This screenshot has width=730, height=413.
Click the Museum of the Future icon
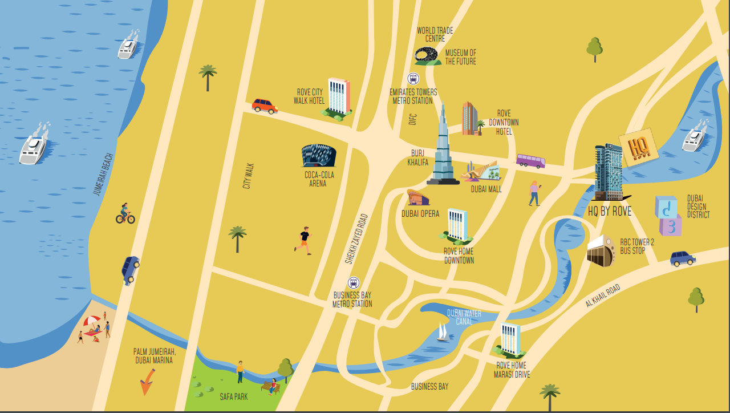427,56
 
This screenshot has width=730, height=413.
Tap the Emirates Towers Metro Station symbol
413,79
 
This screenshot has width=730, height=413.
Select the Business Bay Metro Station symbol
354,283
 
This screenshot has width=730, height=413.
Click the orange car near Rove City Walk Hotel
265,106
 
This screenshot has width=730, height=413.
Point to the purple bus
530,160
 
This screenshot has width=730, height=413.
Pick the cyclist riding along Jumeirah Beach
125,214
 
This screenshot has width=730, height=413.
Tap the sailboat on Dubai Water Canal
442,332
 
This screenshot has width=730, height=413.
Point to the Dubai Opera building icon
418,198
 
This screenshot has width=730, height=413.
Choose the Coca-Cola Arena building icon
319,156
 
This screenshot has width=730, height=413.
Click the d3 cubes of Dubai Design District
667,216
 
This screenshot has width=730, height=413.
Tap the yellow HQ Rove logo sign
638,148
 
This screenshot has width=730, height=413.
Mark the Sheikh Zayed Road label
356,238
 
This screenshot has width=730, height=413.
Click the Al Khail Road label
602,295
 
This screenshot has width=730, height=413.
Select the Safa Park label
234,396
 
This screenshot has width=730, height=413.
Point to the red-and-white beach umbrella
91,321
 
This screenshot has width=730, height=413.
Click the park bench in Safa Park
269,387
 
